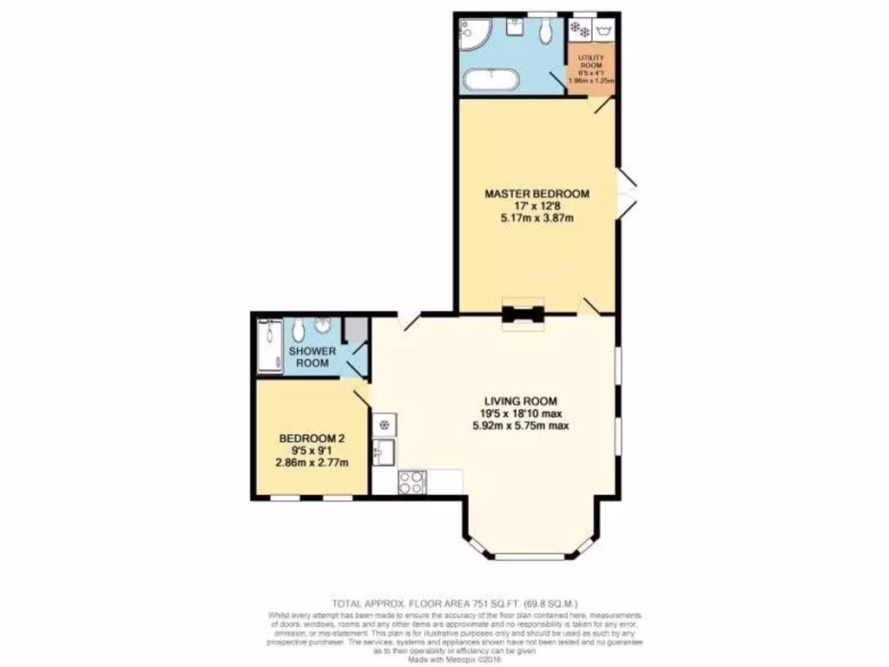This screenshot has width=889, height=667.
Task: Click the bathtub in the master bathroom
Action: click(491, 81)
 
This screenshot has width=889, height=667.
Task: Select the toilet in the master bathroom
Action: click(543, 31)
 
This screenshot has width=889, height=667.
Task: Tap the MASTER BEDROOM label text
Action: click(537, 193)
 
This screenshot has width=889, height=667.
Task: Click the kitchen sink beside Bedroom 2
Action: click(384, 452)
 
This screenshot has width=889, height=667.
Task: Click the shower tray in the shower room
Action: click(269, 346)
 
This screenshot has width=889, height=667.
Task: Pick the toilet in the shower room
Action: click(297, 331)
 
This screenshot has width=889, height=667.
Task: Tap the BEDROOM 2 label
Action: click(312, 439)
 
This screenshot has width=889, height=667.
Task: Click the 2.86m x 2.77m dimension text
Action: click(312, 463)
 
